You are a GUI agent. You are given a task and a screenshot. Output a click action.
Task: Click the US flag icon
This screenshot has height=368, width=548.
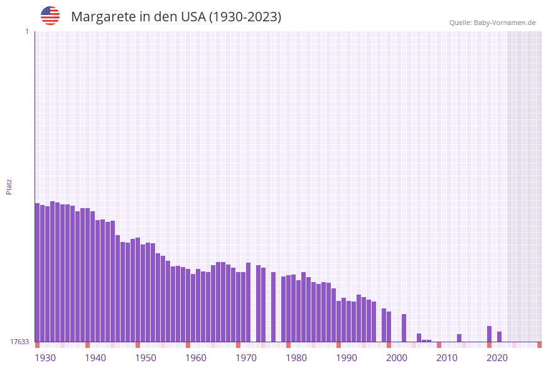[x=50, y=16]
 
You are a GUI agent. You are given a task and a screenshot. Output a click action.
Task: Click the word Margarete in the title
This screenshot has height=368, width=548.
[x=102, y=17]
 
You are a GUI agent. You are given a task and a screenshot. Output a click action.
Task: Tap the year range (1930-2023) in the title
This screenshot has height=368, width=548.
[x=245, y=17]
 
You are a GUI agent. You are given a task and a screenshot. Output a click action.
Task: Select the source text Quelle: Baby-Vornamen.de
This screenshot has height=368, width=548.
[x=492, y=23]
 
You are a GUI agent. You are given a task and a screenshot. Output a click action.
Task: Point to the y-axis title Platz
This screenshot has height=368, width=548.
[x=9, y=186]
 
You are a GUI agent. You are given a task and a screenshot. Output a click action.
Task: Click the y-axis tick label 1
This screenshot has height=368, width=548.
[x=27, y=31]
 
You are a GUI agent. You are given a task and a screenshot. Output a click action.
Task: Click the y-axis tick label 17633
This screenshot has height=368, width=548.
[x=19, y=342]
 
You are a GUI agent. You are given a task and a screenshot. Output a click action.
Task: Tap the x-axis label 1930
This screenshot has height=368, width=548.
[x=45, y=358]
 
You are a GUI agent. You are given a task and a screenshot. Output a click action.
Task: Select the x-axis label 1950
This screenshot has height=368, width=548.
[x=146, y=358]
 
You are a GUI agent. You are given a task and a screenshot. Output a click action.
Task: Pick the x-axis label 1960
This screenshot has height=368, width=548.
[x=196, y=358]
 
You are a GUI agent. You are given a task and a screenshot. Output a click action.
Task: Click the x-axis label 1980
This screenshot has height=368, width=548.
[x=296, y=358]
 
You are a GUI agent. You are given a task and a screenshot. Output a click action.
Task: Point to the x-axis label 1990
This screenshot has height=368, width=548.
[x=347, y=358]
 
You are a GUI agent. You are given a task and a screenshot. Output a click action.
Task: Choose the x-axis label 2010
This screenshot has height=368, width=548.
[x=447, y=358]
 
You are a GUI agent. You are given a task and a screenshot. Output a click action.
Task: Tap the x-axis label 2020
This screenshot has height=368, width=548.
[x=497, y=358]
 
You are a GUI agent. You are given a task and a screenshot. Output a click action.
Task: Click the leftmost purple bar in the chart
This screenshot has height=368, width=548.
[x=37, y=272]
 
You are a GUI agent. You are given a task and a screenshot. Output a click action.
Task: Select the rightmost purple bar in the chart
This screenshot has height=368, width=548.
[x=499, y=337]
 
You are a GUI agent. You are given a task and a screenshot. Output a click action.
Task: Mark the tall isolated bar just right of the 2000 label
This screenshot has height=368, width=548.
[x=404, y=327]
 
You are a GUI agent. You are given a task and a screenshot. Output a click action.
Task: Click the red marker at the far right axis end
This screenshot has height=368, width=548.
[x=539, y=345]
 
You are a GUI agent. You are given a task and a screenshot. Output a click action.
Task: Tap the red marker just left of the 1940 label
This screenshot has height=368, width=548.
[x=87, y=345]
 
